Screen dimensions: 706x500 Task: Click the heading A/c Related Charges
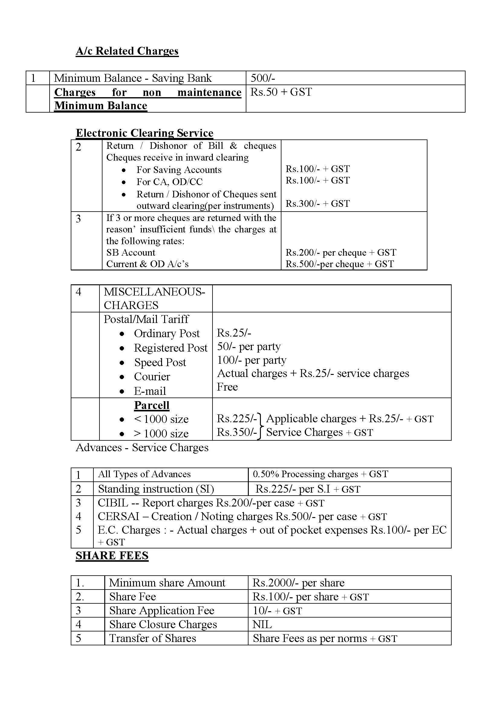127,51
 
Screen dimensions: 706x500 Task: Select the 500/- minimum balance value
263,78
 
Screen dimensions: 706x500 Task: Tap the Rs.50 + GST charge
281,92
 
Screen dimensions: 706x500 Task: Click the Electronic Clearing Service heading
144,133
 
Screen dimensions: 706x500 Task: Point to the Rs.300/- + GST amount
317,203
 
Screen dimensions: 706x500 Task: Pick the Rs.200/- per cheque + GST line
340,252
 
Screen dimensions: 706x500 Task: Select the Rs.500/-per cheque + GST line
339,264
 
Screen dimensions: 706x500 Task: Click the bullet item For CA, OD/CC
169,182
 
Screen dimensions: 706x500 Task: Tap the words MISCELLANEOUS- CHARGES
154,298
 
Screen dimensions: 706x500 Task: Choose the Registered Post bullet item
170,348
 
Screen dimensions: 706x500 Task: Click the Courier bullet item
152,377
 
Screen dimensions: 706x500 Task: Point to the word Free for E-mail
227,387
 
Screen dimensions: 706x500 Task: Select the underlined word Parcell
151,405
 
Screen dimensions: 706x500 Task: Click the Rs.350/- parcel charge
236,432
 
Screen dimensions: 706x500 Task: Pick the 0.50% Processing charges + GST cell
320,474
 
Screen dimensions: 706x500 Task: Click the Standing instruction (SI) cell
156,489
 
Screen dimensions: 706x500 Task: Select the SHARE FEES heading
112,556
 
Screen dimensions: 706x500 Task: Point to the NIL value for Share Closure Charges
262,625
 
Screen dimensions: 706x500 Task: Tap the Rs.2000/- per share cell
298,583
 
